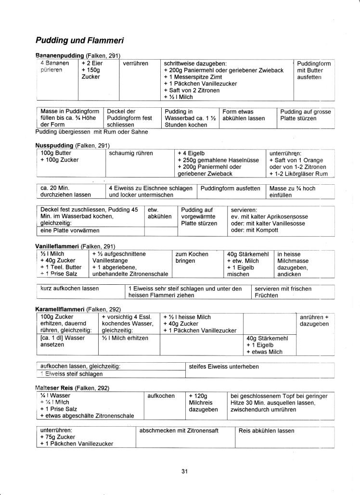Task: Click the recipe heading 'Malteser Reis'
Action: [x=54, y=388]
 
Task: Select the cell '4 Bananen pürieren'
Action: [x=54, y=66]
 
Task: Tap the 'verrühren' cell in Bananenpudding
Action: [x=136, y=63]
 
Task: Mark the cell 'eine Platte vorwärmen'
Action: [x=67, y=230]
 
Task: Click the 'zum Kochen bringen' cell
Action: [x=192, y=257]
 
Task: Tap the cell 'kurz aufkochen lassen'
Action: [x=70, y=288]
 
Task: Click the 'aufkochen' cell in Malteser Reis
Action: [x=161, y=395]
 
